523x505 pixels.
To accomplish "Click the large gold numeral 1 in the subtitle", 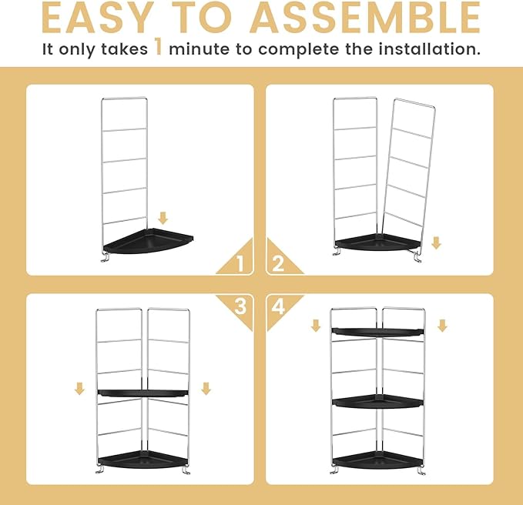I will [157, 49].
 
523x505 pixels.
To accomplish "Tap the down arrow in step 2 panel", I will [436, 243].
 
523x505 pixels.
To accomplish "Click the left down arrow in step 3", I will [79, 389].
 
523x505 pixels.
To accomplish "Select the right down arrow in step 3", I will [206, 389].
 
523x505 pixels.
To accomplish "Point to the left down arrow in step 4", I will [315, 326].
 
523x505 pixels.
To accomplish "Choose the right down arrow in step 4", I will [442, 326].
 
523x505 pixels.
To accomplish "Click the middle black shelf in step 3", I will [142, 393].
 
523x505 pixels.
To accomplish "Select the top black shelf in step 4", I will [377, 331].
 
